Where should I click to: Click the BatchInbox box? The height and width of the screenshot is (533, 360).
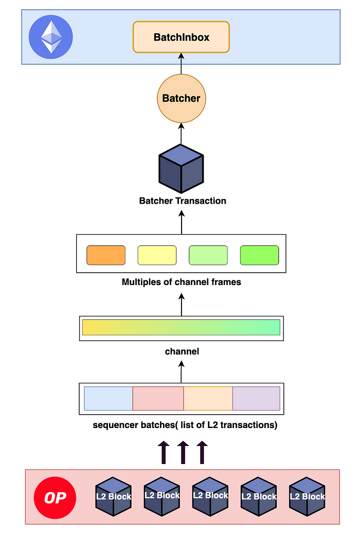(x=181, y=37)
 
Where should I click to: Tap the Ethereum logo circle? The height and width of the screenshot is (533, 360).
(x=50, y=37)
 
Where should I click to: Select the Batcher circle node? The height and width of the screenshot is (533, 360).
(x=181, y=98)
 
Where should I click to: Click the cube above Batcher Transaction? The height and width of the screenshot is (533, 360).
(x=181, y=169)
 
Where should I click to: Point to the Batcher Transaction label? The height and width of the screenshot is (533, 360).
(x=183, y=201)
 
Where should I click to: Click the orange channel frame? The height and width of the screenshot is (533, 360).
(x=106, y=255)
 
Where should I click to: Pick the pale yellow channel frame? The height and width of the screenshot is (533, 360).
(x=157, y=255)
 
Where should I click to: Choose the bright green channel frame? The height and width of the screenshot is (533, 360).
(x=259, y=255)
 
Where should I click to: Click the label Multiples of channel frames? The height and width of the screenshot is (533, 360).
(x=181, y=282)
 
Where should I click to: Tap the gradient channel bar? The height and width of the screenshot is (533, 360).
(x=181, y=327)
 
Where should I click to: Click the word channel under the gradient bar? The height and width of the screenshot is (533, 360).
(x=182, y=351)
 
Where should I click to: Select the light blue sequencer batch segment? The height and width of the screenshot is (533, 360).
(x=108, y=398)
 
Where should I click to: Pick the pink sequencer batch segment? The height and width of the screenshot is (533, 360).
(x=158, y=398)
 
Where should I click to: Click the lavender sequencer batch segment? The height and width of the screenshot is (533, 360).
(x=256, y=398)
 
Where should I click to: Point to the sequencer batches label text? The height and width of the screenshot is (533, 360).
(x=185, y=425)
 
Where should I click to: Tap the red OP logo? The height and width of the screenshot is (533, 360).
(x=55, y=498)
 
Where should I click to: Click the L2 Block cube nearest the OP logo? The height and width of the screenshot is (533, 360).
(x=113, y=496)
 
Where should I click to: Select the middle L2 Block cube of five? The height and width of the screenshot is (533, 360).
(x=210, y=496)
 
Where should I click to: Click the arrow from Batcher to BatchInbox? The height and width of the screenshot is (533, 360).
(x=181, y=64)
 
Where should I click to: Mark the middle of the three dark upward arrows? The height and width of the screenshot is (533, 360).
(x=183, y=452)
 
